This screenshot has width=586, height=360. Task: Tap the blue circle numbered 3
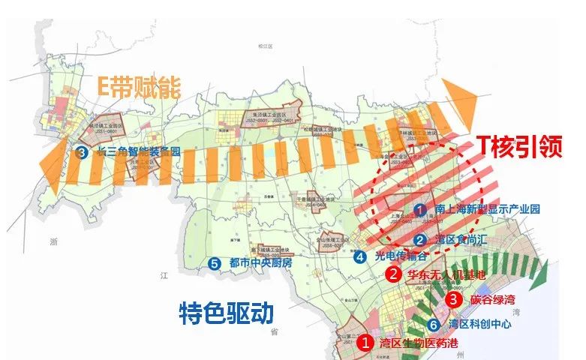(82, 151)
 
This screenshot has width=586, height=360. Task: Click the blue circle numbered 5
(215, 264)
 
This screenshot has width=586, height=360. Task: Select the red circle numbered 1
(364, 344)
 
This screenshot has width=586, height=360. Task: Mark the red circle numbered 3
(453, 298)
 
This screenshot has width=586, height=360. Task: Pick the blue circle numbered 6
(433, 325)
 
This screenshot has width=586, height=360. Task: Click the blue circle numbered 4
(361, 256)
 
